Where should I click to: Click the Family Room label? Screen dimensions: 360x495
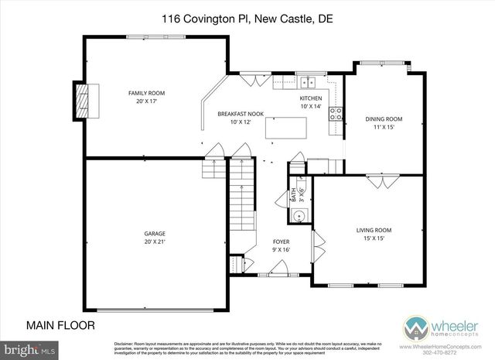click(x=146, y=93)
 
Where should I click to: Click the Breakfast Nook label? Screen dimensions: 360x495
click(x=241, y=114)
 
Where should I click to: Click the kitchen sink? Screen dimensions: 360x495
click(x=312, y=80)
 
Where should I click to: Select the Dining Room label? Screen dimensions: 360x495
click(x=384, y=118)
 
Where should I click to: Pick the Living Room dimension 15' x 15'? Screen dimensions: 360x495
click(x=374, y=238)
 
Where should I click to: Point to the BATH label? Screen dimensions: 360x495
click(x=294, y=195)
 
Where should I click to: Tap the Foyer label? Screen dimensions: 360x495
click(x=281, y=242)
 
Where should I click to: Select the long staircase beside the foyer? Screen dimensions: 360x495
click(x=242, y=213)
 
